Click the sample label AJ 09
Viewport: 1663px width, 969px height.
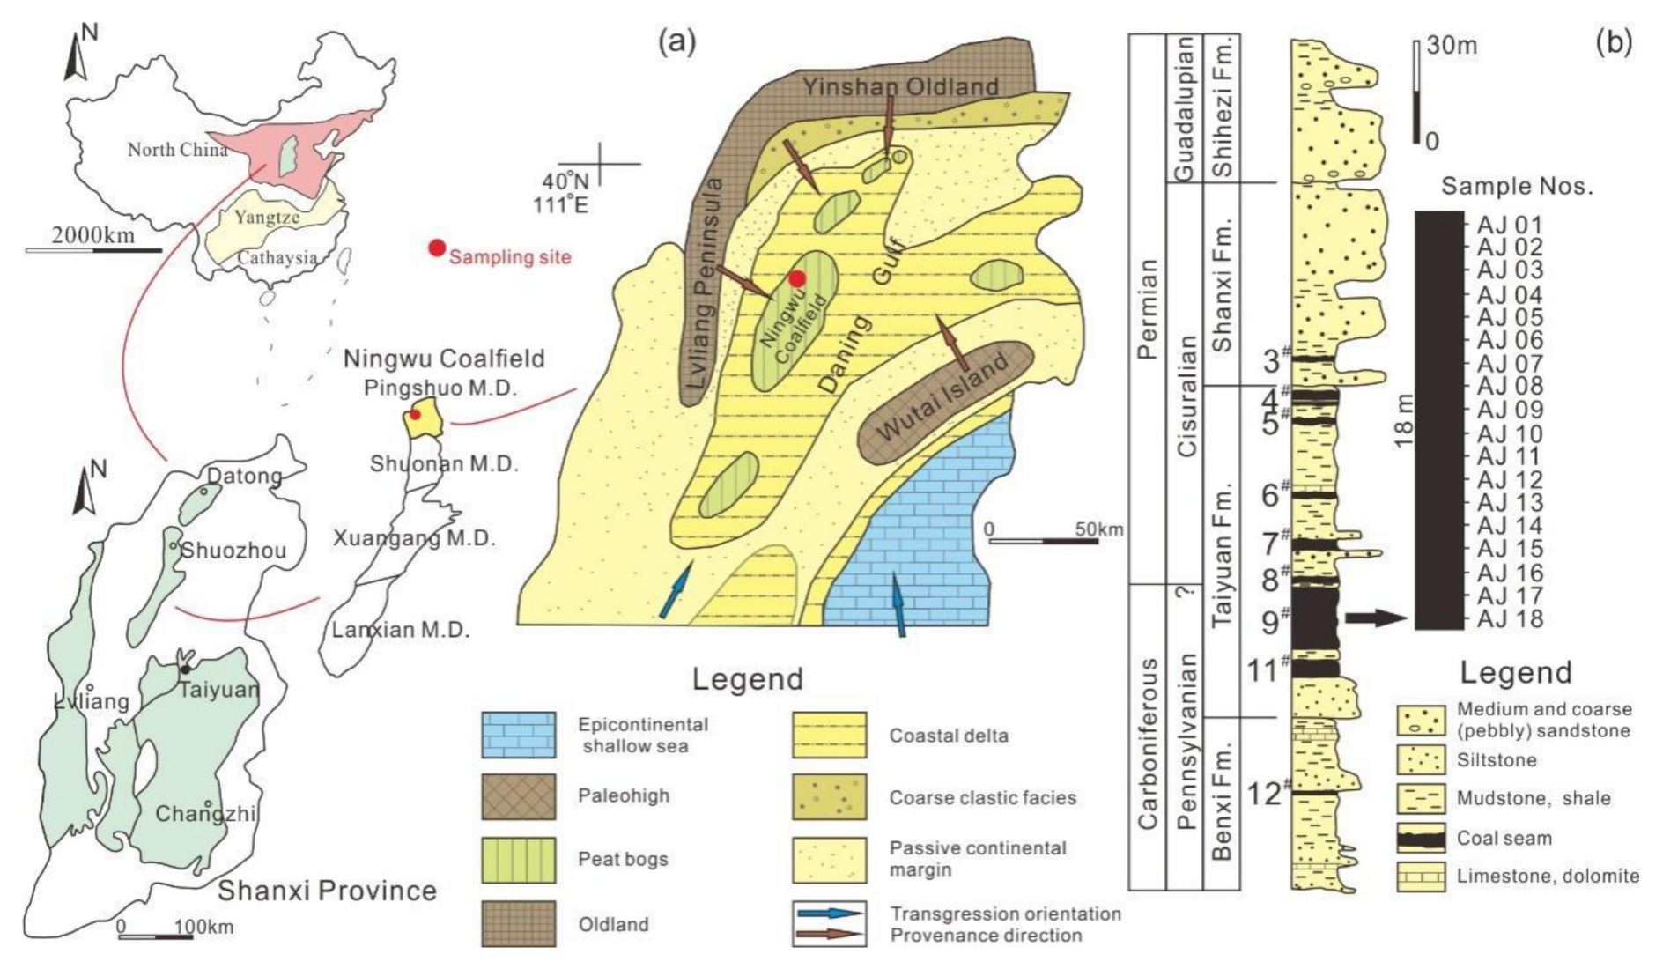click(1510, 410)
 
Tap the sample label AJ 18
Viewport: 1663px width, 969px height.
click(1510, 619)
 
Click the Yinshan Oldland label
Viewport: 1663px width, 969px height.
click(900, 86)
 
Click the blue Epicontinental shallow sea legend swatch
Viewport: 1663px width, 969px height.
click(518, 736)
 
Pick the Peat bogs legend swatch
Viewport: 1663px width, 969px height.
click(518, 860)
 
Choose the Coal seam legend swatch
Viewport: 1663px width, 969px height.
click(1421, 839)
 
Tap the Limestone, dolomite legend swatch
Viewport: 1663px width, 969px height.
click(1421, 877)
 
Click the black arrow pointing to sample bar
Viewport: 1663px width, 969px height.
click(1378, 618)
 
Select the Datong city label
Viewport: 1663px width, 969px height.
click(244, 477)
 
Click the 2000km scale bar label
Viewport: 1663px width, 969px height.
click(92, 235)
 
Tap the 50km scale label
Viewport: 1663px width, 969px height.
click(1098, 529)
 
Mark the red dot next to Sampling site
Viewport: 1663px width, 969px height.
click(437, 248)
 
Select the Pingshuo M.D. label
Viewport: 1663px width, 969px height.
click(440, 388)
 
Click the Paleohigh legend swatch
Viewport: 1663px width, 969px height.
click(518, 796)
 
